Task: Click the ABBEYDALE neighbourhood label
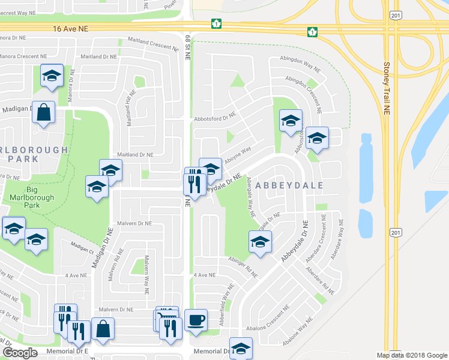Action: [289, 185]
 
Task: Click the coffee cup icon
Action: [195, 320]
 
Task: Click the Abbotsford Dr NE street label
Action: [213, 118]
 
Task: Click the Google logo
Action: [20, 352]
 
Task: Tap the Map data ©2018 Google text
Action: [412, 355]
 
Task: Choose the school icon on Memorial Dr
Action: [241, 349]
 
